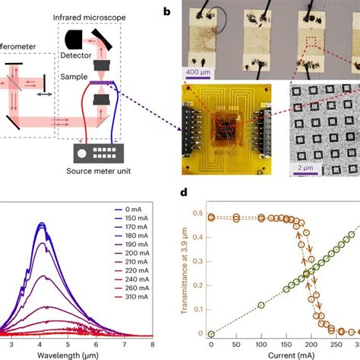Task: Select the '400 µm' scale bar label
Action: pyautogui.click(x=200, y=72)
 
